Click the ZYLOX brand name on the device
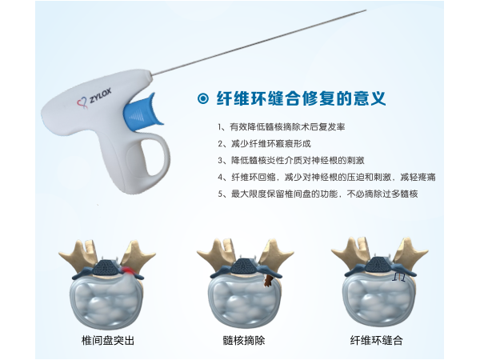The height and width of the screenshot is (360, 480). [x=100, y=96]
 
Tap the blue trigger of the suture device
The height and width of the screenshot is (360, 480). [x=142, y=112]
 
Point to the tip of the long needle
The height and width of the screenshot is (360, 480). [x=366, y=10]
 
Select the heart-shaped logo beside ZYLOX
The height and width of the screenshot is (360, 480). [x=82, y=103]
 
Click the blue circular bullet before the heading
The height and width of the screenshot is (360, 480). [x=203, y=98]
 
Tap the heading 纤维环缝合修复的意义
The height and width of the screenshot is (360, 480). [x=301, y=98]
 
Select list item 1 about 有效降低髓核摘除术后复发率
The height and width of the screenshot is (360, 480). [x=282, y=126]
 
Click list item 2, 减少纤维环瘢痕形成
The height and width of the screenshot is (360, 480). [x=264, y=143]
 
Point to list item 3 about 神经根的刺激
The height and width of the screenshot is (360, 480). [x=291, y=161]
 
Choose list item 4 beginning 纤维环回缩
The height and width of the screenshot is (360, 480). [x=326, y=178]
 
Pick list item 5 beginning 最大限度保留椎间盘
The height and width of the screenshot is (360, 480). [x=318, y=194]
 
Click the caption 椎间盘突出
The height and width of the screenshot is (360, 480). [x=108, y=341]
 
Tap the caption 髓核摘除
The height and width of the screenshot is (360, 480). [x=244, y=341]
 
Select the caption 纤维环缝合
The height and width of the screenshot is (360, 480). [x=376, y=341]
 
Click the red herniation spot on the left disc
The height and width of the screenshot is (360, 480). [x=128, y=270]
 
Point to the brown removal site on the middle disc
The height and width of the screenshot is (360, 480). [x=268, y=281]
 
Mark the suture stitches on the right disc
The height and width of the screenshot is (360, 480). [x=399, y=277]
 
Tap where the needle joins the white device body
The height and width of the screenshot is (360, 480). [x=151, y=74]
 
